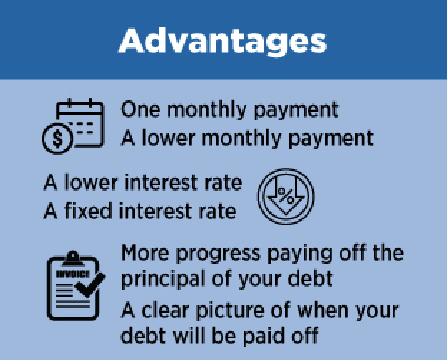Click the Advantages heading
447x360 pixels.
223,40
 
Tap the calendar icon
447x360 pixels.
81,123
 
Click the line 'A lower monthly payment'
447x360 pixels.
246,136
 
